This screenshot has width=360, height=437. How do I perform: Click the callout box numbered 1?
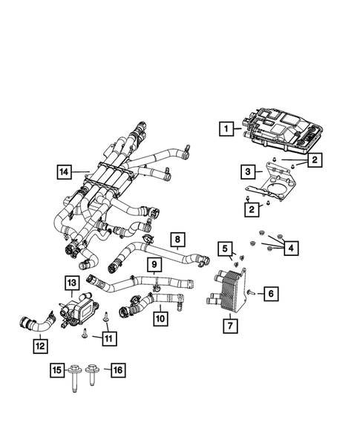(x=223, y=128)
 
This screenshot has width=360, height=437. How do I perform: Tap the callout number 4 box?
(x=292, y=247)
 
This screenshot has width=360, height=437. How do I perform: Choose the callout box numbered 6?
(x=272, y=295)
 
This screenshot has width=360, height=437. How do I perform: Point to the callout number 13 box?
(x=71, y=282)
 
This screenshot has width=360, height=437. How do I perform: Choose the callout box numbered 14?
(x=65, y=174)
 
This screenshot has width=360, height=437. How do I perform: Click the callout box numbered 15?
(x=56, y=369)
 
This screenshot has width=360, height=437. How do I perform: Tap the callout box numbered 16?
(x=117, y=369)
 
